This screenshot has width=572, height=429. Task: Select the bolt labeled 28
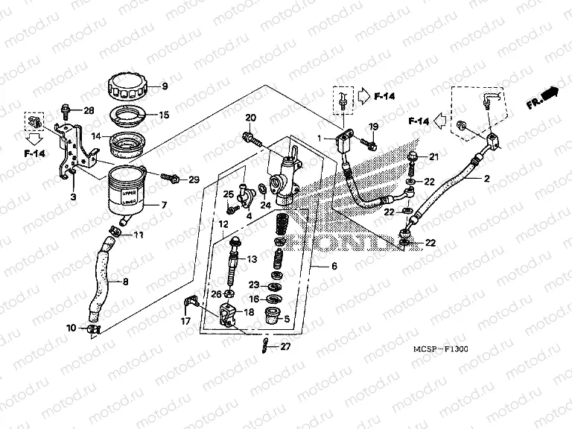66,111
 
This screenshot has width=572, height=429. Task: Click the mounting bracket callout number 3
73,196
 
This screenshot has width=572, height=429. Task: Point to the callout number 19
374,126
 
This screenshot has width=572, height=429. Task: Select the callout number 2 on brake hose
486,179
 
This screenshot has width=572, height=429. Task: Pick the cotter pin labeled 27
266,345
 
